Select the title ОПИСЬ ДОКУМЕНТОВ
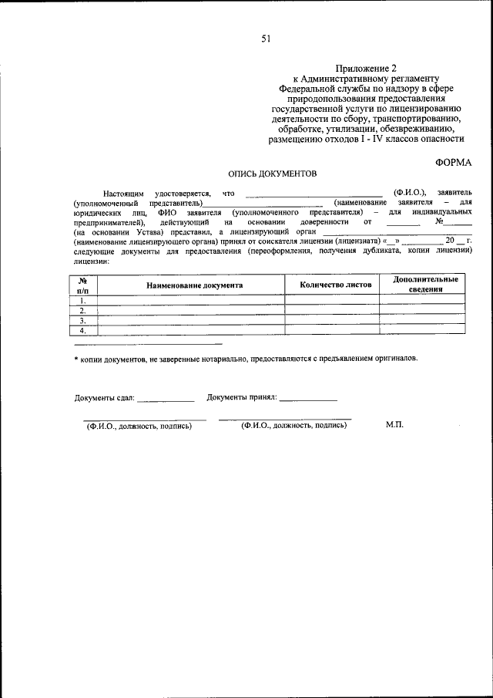point(267,175)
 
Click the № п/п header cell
point(83,285)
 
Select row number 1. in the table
point(82,300)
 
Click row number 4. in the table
point(82,330)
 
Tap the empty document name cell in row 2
point(191,310)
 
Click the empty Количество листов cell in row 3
point(331,320)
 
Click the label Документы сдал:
point(105,398)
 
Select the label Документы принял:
point(241,398)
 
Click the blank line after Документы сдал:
point(166,400)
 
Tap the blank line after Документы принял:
point(308,400)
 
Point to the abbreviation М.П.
point(394,425)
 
